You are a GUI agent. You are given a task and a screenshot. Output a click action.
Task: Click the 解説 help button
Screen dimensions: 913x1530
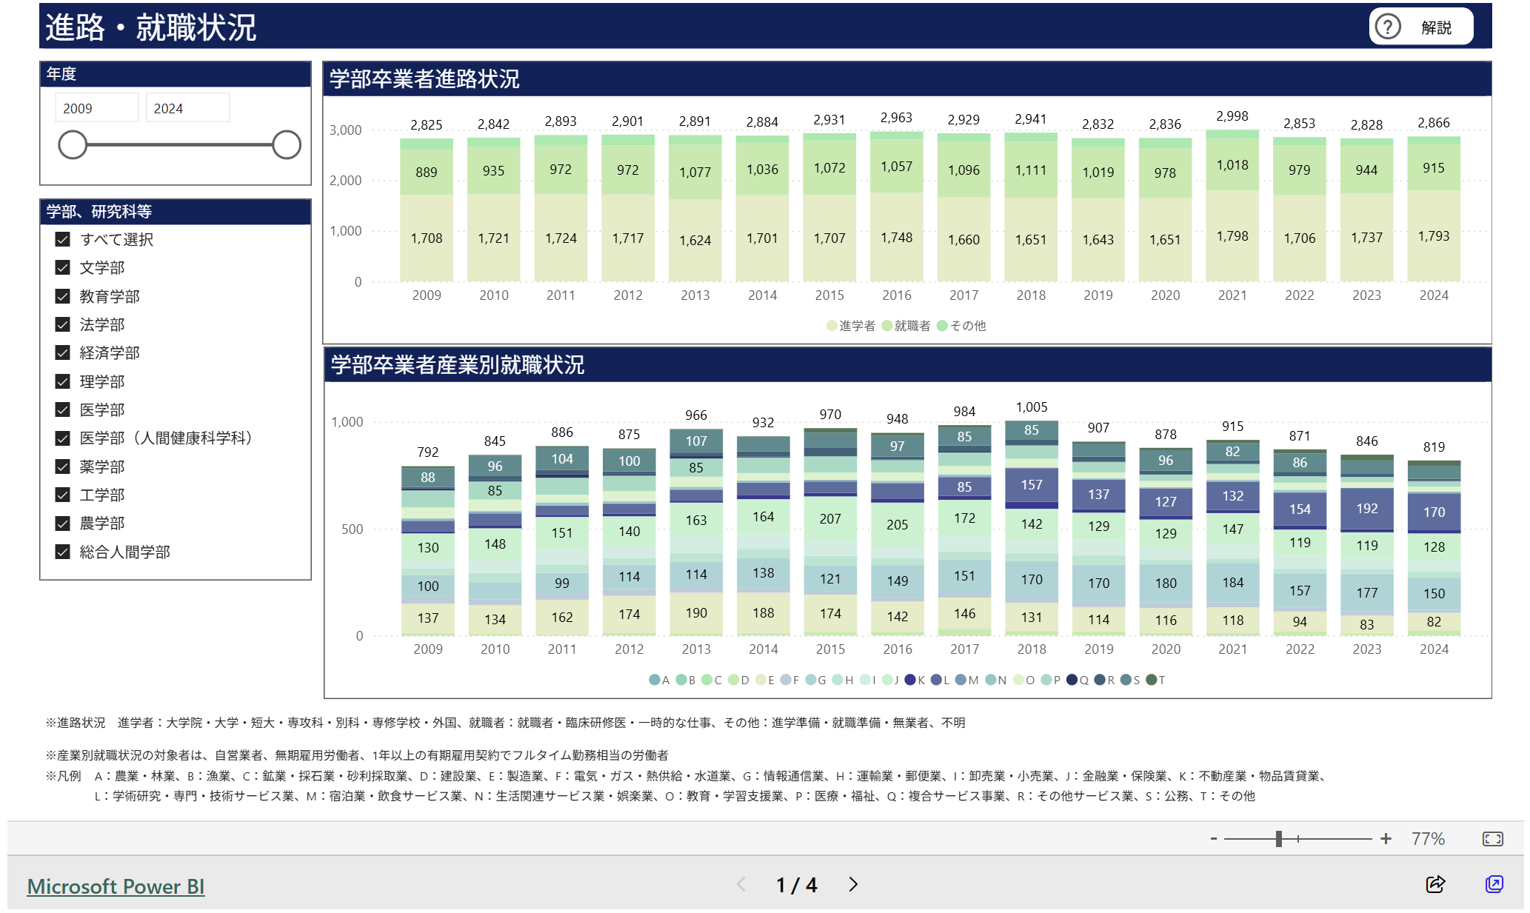[x=1420, y=27]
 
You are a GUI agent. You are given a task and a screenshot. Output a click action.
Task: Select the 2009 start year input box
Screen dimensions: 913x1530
[x=96, y=108]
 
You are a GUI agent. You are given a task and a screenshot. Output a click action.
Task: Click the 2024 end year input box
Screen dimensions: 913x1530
[x=187, y=108]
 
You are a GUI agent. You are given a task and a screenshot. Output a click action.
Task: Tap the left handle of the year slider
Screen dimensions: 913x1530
[x=73, y=144]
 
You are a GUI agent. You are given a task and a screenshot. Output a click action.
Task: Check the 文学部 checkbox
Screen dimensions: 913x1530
[x=63, y=267]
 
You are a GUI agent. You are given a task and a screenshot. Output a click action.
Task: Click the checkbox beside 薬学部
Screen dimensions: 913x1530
[x=63, y=466]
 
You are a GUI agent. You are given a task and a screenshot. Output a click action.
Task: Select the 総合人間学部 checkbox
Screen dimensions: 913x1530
[x=63, y=552]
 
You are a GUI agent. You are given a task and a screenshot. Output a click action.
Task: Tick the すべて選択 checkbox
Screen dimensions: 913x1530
[x=63, y=239]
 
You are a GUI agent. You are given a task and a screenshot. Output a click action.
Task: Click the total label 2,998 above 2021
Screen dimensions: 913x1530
[x=1232, y=116]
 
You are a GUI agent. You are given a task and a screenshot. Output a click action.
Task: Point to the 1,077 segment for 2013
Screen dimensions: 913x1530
[x=695, y=173]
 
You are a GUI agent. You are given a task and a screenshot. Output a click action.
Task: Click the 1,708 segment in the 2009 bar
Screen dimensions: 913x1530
[x=427, y=238]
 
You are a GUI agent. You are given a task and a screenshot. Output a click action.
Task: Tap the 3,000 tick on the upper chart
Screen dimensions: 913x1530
[x=346, y=130]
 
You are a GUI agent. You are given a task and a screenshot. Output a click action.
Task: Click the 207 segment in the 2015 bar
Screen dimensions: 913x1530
[x=830, y=519]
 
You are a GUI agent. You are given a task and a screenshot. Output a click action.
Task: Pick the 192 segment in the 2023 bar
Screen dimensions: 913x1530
[x=1366, y=509]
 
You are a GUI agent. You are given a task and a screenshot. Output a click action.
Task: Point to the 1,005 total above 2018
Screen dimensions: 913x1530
[x=1031, y=407]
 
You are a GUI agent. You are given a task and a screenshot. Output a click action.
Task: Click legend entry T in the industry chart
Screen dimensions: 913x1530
[x=1155, y=680]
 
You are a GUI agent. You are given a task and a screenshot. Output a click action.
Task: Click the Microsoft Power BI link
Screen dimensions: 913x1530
[x=116, y=886]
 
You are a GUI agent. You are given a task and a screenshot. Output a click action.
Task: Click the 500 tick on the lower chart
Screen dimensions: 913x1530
[x=352, y=529]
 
